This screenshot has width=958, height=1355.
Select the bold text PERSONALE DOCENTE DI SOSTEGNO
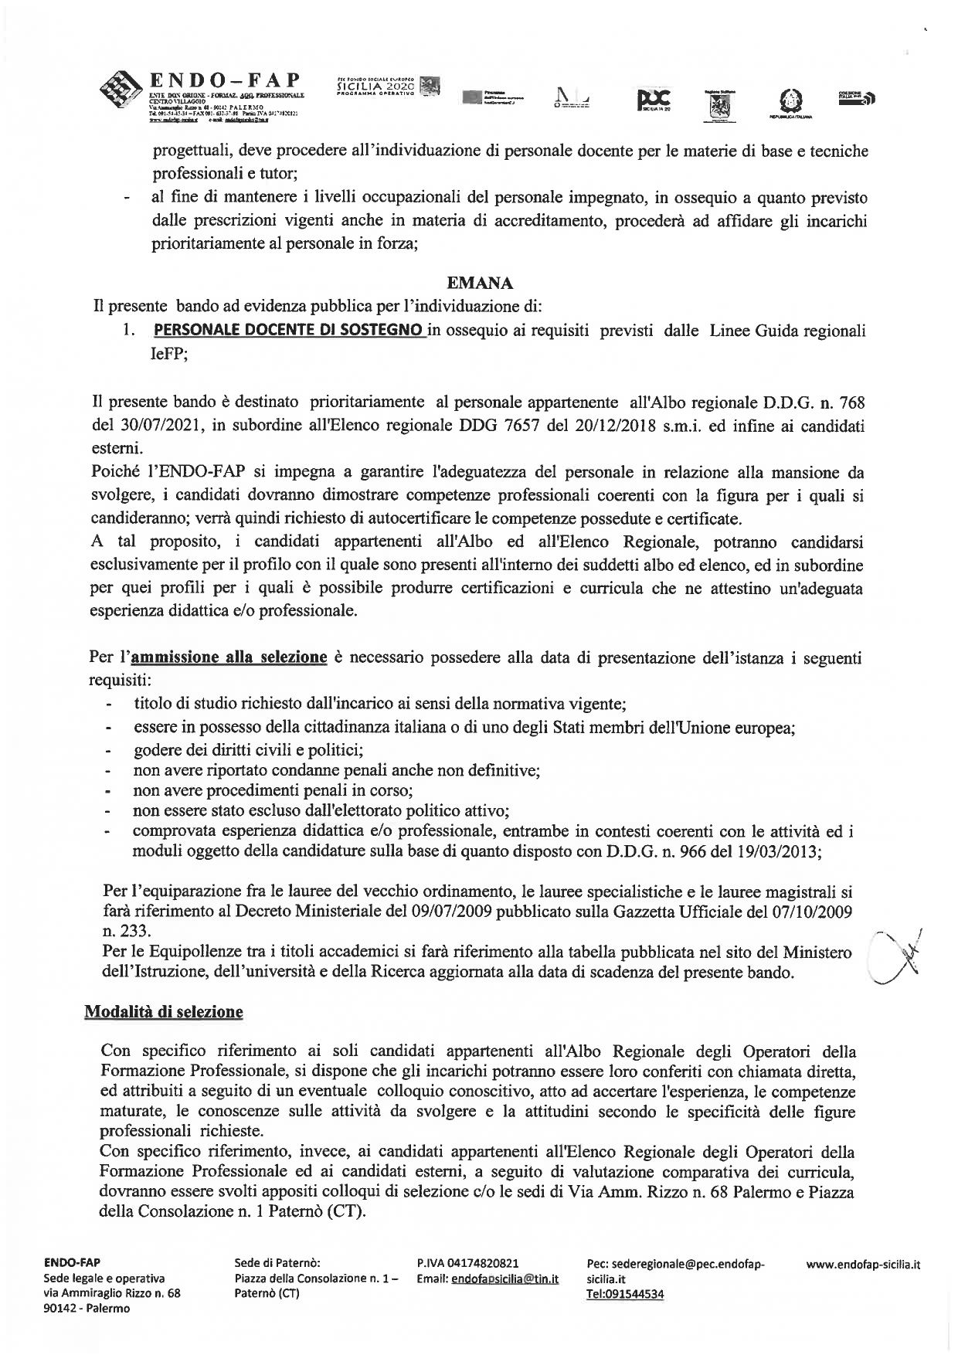289,331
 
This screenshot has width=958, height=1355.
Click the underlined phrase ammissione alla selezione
229,657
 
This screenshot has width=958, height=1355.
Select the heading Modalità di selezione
163,1011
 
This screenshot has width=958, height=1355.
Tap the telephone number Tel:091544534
626,1294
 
